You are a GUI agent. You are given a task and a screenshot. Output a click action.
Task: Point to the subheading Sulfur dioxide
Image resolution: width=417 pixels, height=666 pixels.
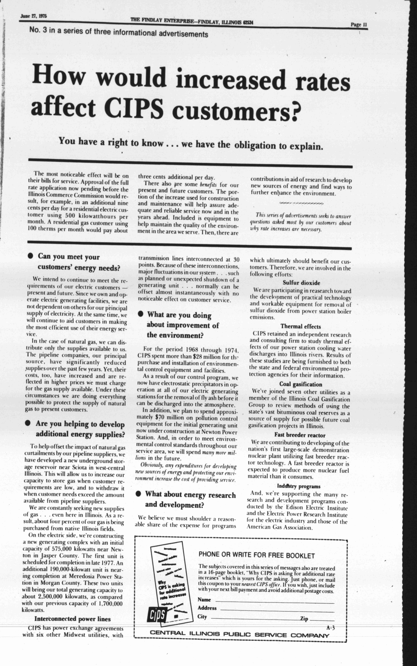point(301,283)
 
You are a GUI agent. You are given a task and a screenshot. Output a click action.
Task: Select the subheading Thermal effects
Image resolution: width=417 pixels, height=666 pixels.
point(301,326)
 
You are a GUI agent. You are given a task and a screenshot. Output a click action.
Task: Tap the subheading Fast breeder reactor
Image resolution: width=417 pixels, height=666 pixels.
point(300,435)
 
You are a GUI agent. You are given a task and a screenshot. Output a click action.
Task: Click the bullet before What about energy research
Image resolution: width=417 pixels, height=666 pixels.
point(138,494)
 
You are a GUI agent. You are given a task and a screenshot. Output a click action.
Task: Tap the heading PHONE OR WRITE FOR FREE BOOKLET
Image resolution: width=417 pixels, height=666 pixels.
point(257,555)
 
